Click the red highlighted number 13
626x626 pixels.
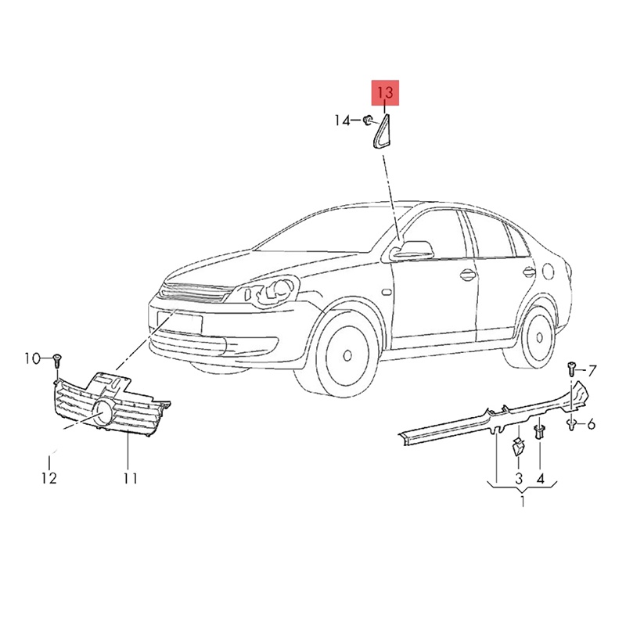385,92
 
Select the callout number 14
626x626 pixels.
342,120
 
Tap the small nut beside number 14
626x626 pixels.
368,120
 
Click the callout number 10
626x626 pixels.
33,358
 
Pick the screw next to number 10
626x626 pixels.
56,361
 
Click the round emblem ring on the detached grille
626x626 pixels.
103,412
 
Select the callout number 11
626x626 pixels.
130,478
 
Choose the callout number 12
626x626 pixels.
49,478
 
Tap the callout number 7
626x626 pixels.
592,371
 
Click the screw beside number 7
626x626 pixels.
571,369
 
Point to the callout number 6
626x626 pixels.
592,423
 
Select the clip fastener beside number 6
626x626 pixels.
572,424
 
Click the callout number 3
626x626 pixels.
518,478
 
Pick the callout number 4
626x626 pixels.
540,478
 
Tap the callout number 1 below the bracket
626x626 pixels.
523,500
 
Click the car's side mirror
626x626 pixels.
412,250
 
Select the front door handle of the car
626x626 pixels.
467,275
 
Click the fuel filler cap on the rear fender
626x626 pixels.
549,272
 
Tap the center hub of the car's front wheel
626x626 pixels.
347,355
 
